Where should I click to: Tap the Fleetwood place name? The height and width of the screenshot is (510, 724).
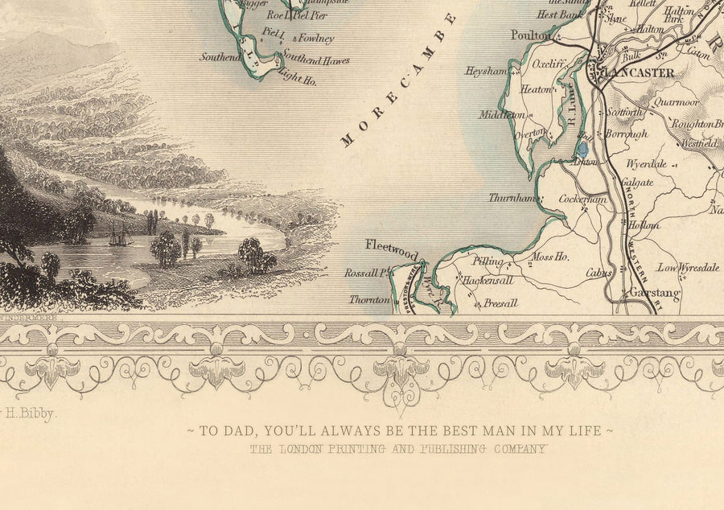click(x=392, y=245)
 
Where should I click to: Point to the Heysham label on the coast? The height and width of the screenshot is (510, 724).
click(x=485, y=71)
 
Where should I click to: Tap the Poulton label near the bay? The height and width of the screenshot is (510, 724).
click(x=531, y=35)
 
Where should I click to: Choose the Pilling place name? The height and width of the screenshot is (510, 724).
click(x=487, y=261)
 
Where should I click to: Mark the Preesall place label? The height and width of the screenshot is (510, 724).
click(x=500, y=303)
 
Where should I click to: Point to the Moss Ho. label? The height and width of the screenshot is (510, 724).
click(x=550, y=257)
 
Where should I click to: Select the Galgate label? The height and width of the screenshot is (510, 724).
click(x=636, y=183)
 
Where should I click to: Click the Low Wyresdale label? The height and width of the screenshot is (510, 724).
click(x=689, y=268)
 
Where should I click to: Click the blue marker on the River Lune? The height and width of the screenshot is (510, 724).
click(x=583, y=149)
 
